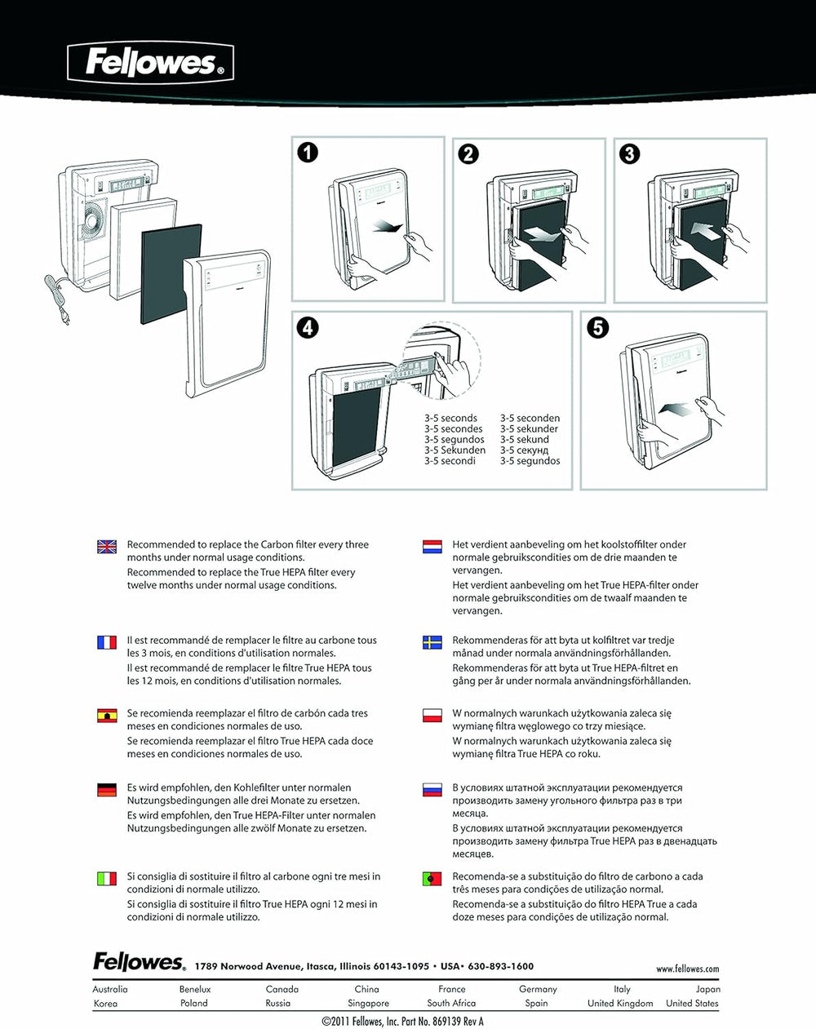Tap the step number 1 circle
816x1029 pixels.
pyautogui.click(x=308, y=153)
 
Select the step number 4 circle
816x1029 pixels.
pyautogui.click(x=308, y=327)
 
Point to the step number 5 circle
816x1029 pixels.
pyautogui.click(x=598, y=327)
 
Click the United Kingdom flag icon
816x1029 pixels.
pyautogui.click(x=107, y=546)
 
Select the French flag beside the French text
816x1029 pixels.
pyautogui.click(x=107, y=642)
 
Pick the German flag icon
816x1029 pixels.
pyautogui.click(x=107, y=789)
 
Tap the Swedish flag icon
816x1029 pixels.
pyautogui.click(x=432, y=642)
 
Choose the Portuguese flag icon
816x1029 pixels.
pyautogui.click(x=432, y=879)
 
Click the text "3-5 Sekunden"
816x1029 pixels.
pyautogui.click(x=455, y=450)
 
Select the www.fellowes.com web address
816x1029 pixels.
pyautogui.click(x=687, y=969)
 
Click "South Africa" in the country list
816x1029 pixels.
pyautogui.click(x=451, y=1003)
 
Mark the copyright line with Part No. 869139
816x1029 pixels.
pyautogui.click(x=403, y=1021)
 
